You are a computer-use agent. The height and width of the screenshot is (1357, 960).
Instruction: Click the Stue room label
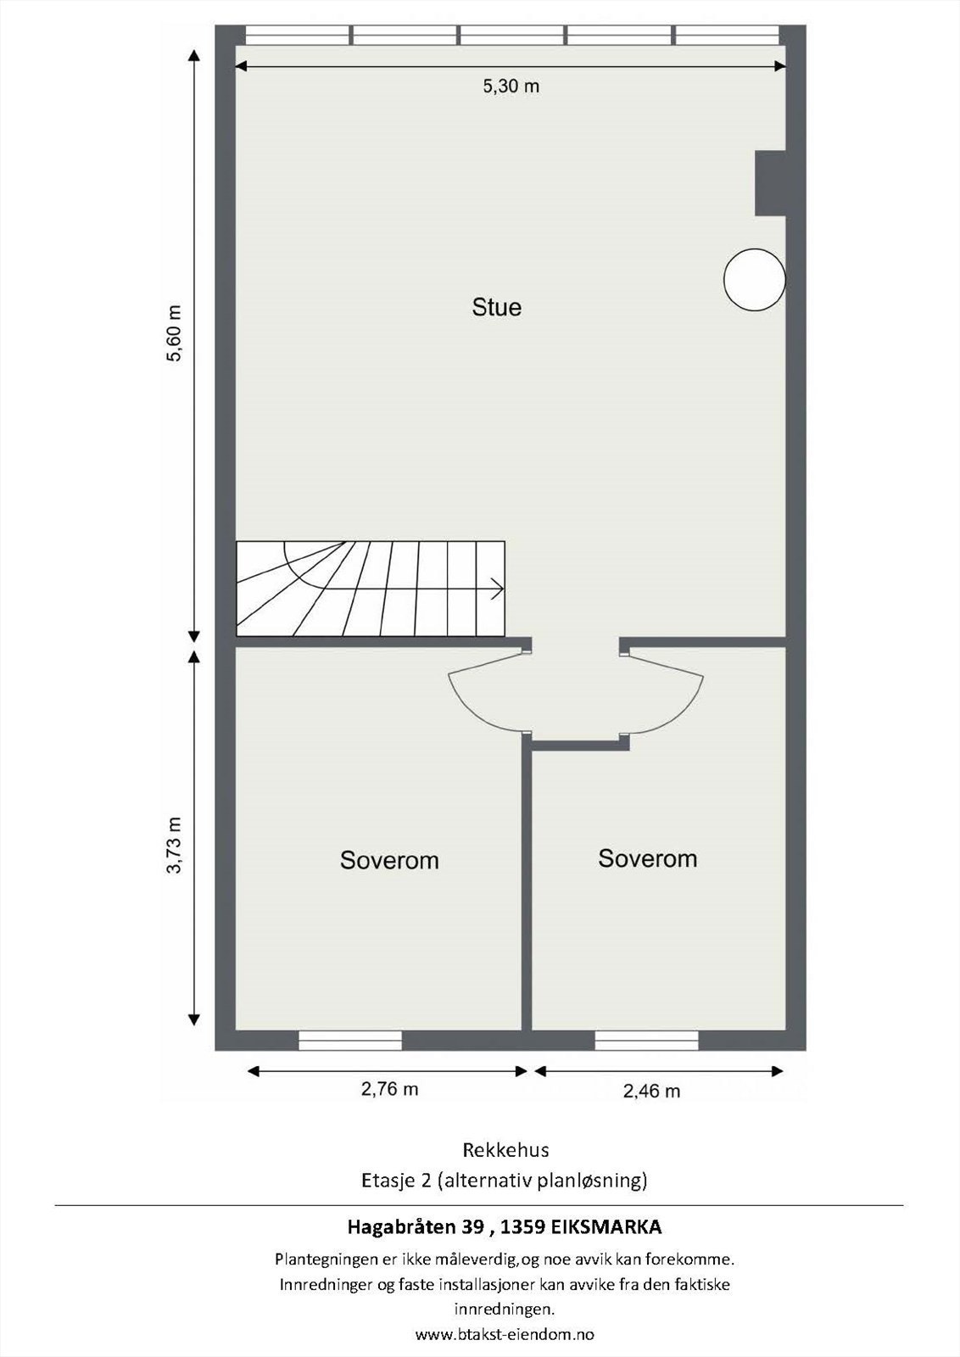point(497,307)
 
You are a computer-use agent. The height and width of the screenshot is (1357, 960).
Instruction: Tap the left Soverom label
point(389,860)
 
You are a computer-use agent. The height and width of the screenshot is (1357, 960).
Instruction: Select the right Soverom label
point(647,858)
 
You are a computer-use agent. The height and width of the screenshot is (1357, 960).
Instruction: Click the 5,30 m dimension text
point(511,87)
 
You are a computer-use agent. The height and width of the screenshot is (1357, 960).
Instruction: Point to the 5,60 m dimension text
point(174,332)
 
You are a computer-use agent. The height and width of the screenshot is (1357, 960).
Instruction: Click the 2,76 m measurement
point(389,1090)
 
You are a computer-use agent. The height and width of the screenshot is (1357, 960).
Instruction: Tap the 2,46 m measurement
point(651,1092)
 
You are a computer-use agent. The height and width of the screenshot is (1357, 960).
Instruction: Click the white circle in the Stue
point(754,279)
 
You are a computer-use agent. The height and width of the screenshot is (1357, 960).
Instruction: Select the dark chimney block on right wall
point(770,183)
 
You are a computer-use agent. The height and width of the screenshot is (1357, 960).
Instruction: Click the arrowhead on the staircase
point(497,588)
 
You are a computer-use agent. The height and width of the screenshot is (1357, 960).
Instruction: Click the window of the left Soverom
point(350,1041)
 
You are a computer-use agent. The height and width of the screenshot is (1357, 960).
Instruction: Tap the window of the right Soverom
point(646,1041)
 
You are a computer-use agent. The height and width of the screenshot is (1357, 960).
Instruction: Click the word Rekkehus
point(505,1150)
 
